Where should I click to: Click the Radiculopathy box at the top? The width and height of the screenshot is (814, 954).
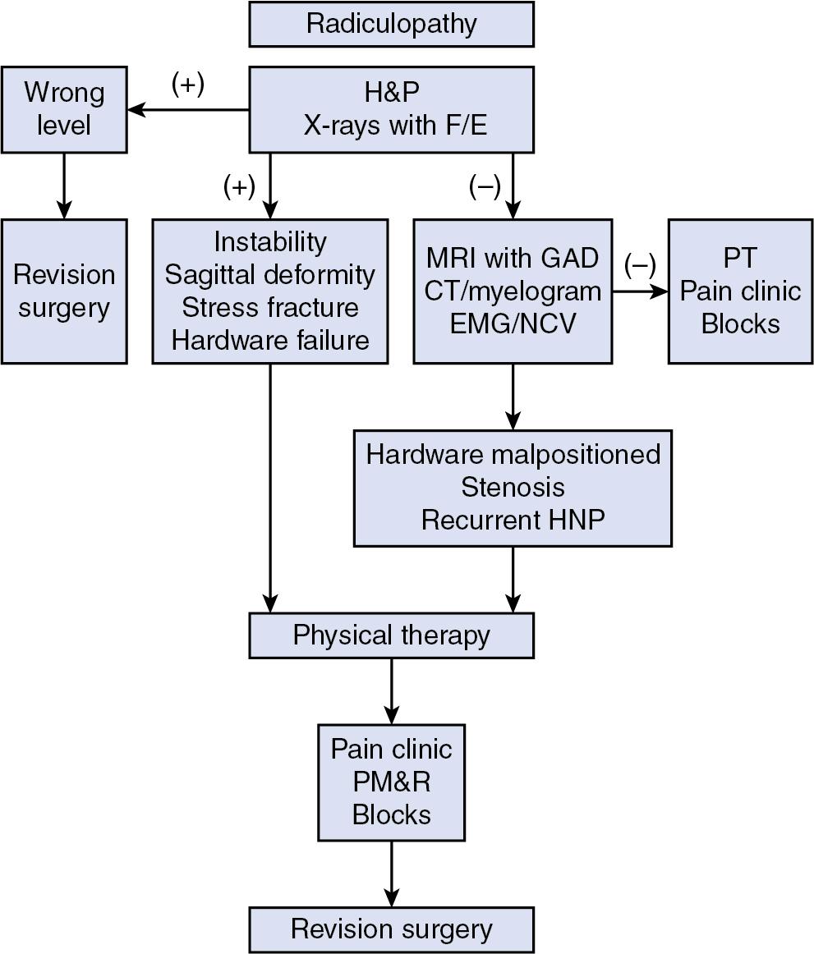point(391,24)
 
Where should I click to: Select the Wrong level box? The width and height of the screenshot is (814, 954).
point(64,109)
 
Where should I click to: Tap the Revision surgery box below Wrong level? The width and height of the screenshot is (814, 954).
point(64,291)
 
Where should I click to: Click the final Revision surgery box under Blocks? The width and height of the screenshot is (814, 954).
point(391,929)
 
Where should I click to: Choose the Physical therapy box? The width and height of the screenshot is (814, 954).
point(391,635)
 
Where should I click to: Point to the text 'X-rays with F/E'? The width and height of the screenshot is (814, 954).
point(391,126)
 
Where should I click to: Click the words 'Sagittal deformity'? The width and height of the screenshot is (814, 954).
point(269,275)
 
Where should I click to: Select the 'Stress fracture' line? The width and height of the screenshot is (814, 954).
point(269,308)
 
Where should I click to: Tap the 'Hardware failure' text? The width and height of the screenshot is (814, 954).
point(269,341)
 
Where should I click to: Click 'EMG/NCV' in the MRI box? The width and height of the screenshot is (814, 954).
point(513,323)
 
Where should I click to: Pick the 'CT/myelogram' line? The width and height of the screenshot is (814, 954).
point(513,291)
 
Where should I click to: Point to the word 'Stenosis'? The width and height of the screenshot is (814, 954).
point(513,487)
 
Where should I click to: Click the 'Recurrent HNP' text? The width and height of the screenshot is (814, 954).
point(513,520)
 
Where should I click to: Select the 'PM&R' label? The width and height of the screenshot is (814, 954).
point(391,782)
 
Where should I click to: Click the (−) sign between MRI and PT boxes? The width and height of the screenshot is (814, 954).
point(640,264)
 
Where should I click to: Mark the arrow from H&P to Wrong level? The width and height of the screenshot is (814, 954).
point(188,109)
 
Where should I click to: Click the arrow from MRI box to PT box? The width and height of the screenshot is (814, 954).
point(640,291)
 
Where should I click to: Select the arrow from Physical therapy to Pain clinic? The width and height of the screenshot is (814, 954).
point(391,690)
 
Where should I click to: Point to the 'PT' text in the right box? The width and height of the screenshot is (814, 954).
point(740,259)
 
